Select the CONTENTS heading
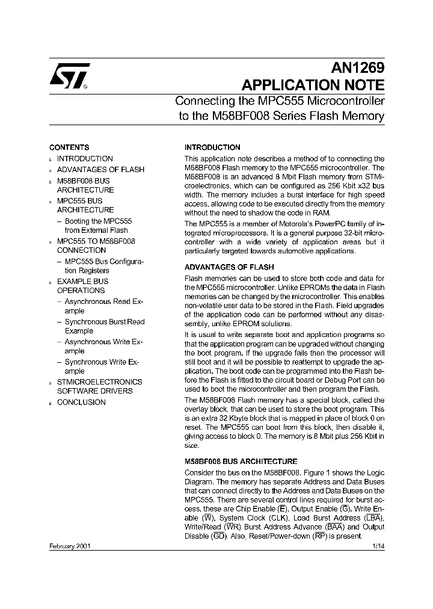[x=69, y=147]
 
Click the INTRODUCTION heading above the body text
[x=212, y=147]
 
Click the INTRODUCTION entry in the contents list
[x=85, y=159]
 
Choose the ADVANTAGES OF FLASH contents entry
[x=100, y=170]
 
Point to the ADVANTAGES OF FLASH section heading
[x=229, y=267]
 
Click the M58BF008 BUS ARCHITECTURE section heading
[x=241, y=462]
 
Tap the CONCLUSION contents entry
[x=81, y=403]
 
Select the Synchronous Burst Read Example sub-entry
[x=104, y=326]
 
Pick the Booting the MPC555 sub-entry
[x=98, y=226]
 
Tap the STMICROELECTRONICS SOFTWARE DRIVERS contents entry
[x=99, y=386]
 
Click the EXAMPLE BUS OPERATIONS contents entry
[x=82, y=286]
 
